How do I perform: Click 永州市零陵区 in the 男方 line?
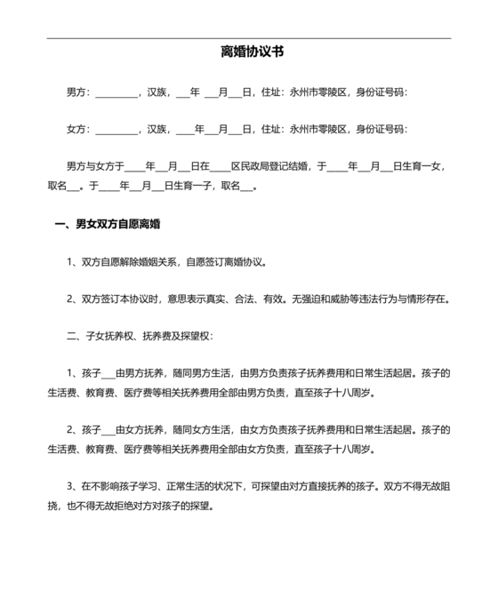click(317, 92)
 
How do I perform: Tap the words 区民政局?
click(252, 167)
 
